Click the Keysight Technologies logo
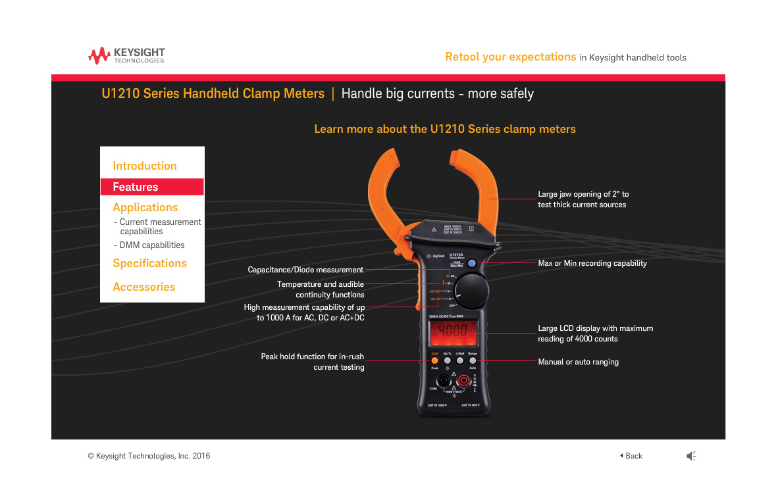click(x=126, y=55)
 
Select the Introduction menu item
click(x=145, y=166)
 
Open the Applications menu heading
click(x=145, y=207)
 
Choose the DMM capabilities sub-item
click(x=151, y=245)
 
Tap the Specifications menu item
click(x=149, y=263)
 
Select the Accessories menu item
click(x=144, y=287)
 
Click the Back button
click(x=631, y=456)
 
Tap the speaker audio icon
click(x=691, y=456)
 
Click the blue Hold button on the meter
click(x=472, y=263)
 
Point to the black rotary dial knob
click(x=472, y=290)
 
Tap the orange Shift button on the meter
click(x=434, y=361)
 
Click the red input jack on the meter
click(x=464, y=381)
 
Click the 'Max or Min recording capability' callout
click(x=592, y=263)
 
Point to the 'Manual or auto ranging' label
click(x=578, y=362)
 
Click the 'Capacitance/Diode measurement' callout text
click(x=305, y=270)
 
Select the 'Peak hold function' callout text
click(x=313, y=362)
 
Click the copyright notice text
click(x=149, y=456)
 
